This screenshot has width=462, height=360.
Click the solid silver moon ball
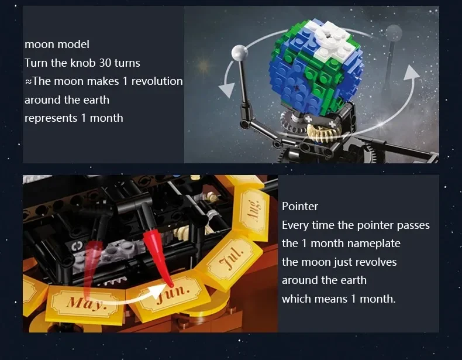(x=240, y=53)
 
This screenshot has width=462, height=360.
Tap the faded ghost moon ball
(x=394, y=32)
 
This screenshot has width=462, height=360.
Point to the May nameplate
(x=85, y=301)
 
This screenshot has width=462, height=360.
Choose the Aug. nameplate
(x=253, y=209)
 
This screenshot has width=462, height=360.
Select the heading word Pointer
(x=300, y=207)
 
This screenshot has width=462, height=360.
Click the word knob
(x=82, y=63)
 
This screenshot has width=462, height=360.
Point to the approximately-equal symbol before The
(x=28, y=82)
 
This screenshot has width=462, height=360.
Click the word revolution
(x=157, y=81)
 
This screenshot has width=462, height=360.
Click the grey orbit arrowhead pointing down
(x=226, y=90)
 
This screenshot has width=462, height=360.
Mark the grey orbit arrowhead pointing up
(x=411, y=73)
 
